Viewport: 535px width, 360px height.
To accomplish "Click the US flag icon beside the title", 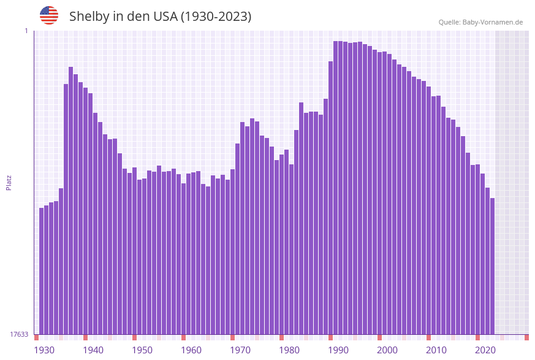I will (x=49, y=15).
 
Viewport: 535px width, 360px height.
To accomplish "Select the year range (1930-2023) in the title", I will (x=216, y=17).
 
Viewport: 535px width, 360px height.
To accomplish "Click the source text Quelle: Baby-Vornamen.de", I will (x=480, y=22).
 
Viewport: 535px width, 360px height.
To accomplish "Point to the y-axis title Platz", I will (x=9, y=182).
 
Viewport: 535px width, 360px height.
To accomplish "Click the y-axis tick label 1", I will (x=26, y=31).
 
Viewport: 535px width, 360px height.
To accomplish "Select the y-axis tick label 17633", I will (x=19, y=334).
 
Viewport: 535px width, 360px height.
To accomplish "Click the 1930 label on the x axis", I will (x=44, y=350).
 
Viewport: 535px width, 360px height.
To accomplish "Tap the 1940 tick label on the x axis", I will (x=93, y=350).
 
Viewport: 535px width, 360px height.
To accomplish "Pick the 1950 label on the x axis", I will (x=142, y=350).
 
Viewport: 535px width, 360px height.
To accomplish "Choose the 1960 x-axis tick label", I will (x=191, y=350).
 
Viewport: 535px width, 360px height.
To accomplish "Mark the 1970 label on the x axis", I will (x=240, y=350).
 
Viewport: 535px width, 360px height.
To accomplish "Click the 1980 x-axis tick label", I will (x=289, y=350).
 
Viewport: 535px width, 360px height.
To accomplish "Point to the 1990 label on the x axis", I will (x=338, y=350).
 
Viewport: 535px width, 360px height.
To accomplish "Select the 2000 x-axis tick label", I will (x=387, y=350).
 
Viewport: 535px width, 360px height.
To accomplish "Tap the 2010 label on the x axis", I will (x=436, y=350).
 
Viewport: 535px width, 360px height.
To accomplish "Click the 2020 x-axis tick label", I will (x=485, y=350).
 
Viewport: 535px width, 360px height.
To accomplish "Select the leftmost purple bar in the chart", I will (x=42, y=270).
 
